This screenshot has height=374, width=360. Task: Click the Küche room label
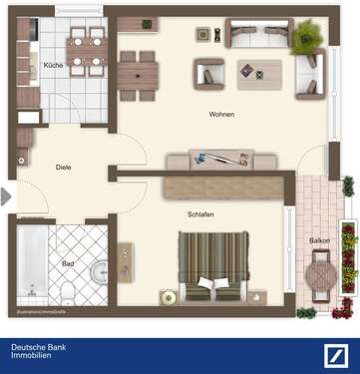(x=53, y=65)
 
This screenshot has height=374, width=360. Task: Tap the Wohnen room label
(x=221, y=115)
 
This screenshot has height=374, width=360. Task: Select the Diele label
(x=63, y=168)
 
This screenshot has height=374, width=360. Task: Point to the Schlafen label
(x=200, y=214)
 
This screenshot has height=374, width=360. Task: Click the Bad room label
(x=68, y=263)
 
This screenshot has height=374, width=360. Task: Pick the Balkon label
(x=319, y=240)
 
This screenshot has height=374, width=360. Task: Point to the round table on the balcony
(x=321, y=270)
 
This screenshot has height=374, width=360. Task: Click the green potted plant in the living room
(x=306, y=38)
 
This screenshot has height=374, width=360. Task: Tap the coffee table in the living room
(x=259, y=72)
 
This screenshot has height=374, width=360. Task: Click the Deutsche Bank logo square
(x=337, y=355)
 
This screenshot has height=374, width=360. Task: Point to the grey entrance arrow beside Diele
(x=6, y=196)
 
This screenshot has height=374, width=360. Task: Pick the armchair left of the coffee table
(x=209, y=72)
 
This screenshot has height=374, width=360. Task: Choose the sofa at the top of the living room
(x=256, y=33)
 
